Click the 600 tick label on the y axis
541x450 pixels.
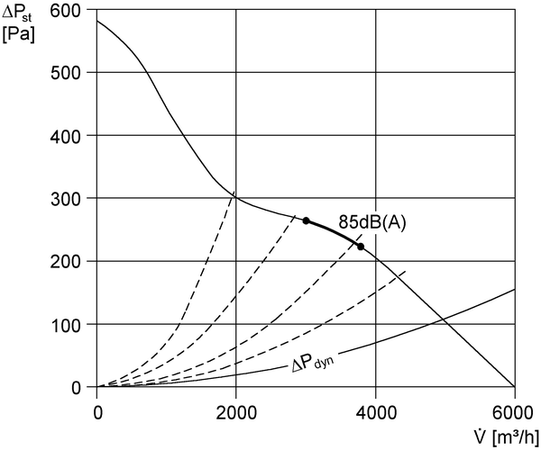click(x=65, y=11)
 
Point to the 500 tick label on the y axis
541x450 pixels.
click(x=65, y=73)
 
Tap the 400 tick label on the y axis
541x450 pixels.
click(x=65, y=136)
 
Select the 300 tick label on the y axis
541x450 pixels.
click(x=65, y=199)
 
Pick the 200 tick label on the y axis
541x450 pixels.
click(x=65, y=263)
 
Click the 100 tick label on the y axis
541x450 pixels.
click(x=65, y=326)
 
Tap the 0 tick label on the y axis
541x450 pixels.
click(x=76, y=388)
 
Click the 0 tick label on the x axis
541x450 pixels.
click(x=98, y=412)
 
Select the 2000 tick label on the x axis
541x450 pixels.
click(x=236, y=412)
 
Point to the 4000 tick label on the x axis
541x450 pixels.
click(x=376, y=412)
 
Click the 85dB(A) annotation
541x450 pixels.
click(x=372, y=223)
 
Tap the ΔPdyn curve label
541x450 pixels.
click(x=313, y=364)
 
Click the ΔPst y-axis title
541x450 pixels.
click(x=17, y=13)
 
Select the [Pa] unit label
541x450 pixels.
click(x=18, y=35)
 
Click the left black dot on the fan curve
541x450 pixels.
click(x=306, y=220)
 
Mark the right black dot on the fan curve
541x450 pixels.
click(x=361, y=247)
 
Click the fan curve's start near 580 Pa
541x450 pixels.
click(x=97, y=21)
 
